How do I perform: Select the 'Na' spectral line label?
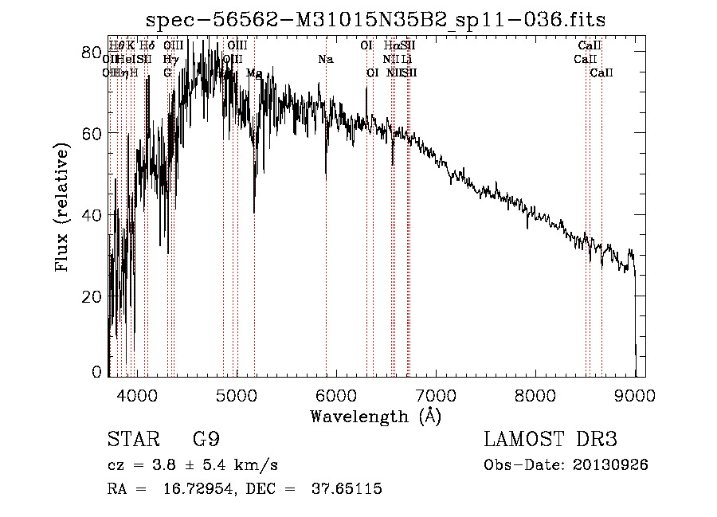tap(325, 60)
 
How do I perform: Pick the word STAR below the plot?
tap(132, 440)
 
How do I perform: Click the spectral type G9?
tap(206, 440)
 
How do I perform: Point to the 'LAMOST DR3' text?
tap(550, 440)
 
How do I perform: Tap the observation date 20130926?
tap(611, 464)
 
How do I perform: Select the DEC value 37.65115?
tap(344, 488)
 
